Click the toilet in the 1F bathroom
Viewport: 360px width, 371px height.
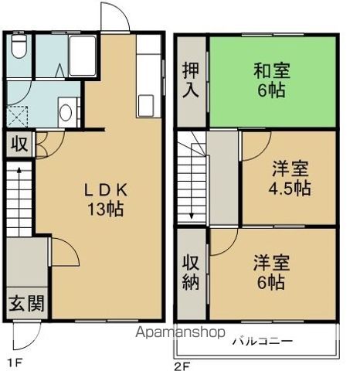19,46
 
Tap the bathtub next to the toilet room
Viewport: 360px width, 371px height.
83,56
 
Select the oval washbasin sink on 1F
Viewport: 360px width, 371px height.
66,112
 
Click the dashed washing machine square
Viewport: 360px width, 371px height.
17,117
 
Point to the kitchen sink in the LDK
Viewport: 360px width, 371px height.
146,106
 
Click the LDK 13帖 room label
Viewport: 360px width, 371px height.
106,199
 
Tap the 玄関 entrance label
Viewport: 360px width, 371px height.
26,303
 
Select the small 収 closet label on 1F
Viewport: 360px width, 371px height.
19,145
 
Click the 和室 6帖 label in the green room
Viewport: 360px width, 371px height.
272,80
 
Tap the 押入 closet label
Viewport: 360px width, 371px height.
191,80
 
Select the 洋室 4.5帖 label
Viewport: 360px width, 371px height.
290,178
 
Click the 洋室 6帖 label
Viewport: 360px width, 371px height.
271,272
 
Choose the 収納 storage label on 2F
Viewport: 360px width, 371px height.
191,272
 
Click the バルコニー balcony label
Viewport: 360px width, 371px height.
263,342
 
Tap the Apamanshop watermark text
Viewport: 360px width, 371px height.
180,332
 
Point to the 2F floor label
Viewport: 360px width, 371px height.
182,366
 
